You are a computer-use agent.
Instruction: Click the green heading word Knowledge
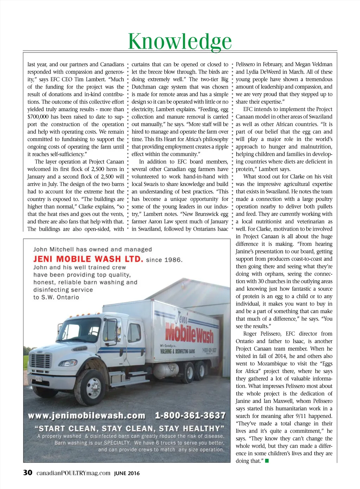(180, 41)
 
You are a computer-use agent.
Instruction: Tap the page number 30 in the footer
(28, 472)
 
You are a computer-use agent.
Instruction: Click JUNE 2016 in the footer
(127, 473)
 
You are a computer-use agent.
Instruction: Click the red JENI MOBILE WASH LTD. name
(88, 259)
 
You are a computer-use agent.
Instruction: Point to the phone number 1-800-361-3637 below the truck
(190, 416)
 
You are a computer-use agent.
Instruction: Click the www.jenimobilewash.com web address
(86, 416)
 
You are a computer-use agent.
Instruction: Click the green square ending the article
(267, 461)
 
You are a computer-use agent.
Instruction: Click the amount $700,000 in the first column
(38, 117)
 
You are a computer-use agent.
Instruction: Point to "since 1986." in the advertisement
(164, 260)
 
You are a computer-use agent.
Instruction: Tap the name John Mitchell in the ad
(54, 249)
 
